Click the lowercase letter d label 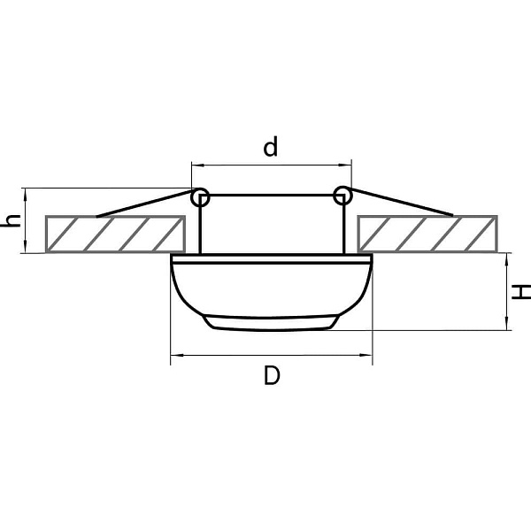click(x=270, y=146)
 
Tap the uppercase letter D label click(x=272, y=375)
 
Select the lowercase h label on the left click(x=12, y=220)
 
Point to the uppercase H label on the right click(x=521, y=292)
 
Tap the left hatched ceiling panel click(x=115, y=234)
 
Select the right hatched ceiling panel click(x=427, y=234)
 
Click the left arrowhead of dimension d click(x=197, y=165)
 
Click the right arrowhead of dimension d click(x=345, y=165)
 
